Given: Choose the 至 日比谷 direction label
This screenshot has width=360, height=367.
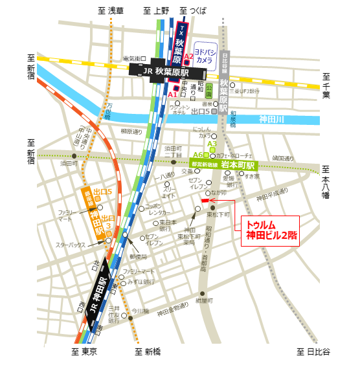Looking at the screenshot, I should coord(313,351).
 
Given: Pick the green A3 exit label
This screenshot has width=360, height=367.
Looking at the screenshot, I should coord(219,144).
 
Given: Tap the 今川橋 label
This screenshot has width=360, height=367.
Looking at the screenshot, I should coord(141,311).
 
